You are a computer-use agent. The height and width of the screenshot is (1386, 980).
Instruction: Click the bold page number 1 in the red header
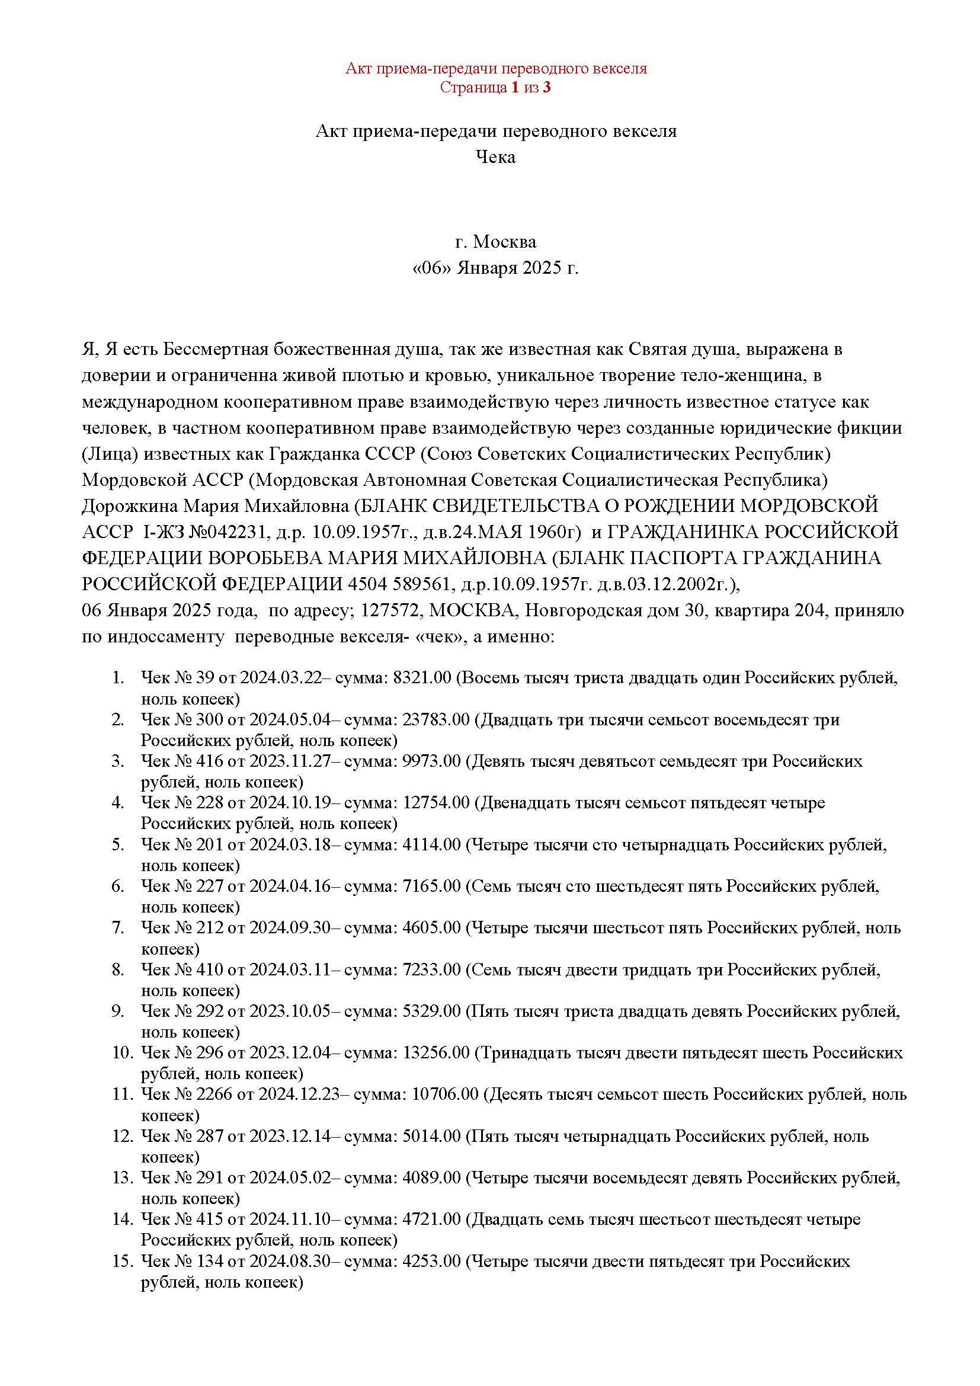(x=515, y=88)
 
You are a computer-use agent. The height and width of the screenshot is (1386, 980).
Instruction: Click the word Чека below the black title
(x=495, y=157)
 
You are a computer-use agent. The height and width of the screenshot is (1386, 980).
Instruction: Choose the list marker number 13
(x=121, y=1178)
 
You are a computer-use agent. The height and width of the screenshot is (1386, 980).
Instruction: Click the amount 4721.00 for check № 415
(x=431, y=1219)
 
